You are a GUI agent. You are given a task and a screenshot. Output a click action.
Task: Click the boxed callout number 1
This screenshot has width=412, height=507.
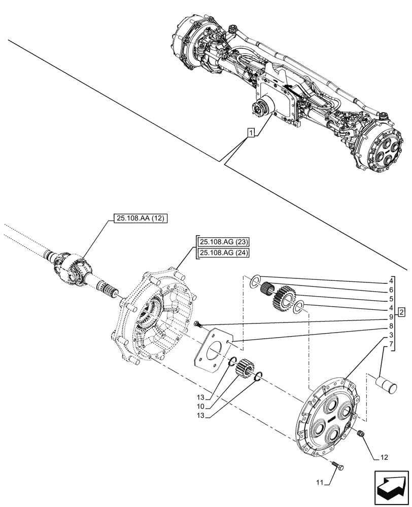coord(251,133)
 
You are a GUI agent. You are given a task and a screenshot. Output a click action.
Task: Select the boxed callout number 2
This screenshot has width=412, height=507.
coord(401,311)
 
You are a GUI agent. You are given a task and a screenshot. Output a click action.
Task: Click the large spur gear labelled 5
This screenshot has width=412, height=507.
coord(286,299)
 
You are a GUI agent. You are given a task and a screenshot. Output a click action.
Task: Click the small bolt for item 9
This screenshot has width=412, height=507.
coord(197,323)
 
